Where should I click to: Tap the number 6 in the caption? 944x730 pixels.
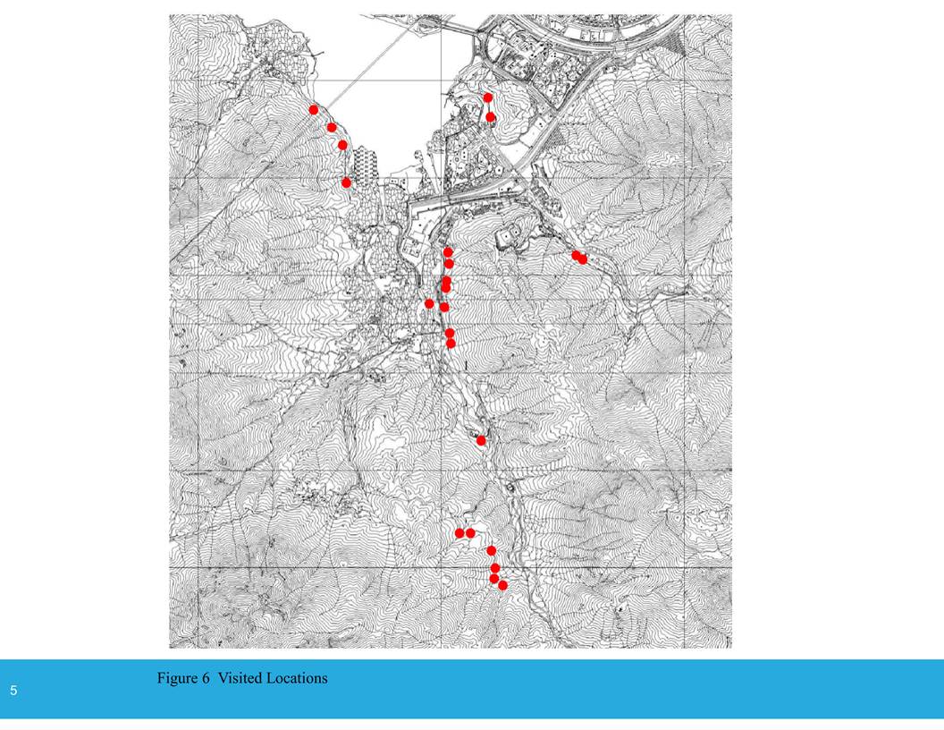click(x=206, y=678)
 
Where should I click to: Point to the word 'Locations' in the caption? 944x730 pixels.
click(x=298, y=678)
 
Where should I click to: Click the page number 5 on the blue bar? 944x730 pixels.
click(x=13, y=691)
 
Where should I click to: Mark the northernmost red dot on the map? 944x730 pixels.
click(x=488, y=98)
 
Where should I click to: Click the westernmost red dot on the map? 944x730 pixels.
click(x=314, y=109)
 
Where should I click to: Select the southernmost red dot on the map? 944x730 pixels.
click(x=502, y=585)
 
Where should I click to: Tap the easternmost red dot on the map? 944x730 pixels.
click(x=583, y=259)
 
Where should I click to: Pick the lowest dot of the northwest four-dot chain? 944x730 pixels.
click(x=347, y=182)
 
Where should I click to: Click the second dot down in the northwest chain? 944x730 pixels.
click(x=332, y=128)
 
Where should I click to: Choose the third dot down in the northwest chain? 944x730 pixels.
click(x=342, y=145)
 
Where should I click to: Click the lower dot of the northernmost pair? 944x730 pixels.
click(x=491, y=117)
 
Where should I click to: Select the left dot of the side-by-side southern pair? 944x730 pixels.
click(x=459, y=533)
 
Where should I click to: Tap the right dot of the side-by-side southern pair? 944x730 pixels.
click(x=471, y=533)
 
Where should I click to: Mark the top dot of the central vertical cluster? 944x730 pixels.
click(x=448, y=252)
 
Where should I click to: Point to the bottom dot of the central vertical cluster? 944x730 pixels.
click(x=451, y=343)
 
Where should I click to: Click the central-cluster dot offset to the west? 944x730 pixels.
click(x=429, y=304)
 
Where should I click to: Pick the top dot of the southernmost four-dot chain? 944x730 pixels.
click(x=491, y=550)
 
